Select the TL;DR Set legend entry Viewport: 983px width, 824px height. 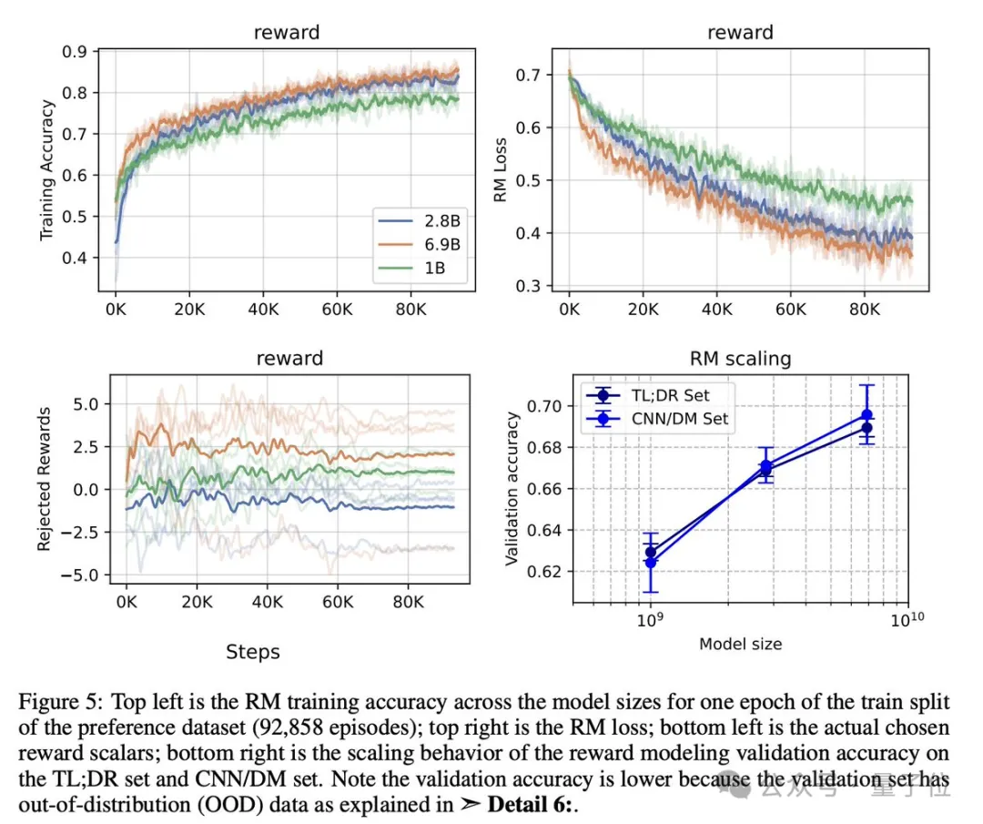pos(669,395)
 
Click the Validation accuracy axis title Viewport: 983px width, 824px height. pos(512,488)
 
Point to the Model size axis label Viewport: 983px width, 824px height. pos(740,644)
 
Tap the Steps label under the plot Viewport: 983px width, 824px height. pos(252,651)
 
